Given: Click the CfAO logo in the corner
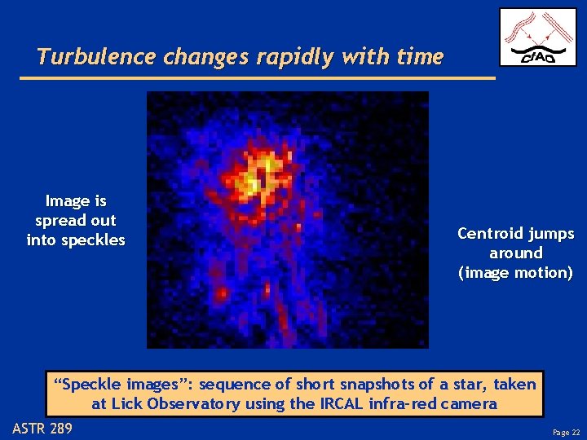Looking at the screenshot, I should (x=537, y=37).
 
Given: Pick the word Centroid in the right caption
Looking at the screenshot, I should (x=492, y=234).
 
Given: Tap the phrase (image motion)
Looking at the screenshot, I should (x=515, y=273).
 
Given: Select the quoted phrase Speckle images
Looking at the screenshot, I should (x=122, y=384).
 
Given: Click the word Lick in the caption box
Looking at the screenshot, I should (x=126, y=403).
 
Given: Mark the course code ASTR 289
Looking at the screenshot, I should (x=42, y=428).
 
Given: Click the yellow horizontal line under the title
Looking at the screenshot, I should (x=257, y=78).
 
